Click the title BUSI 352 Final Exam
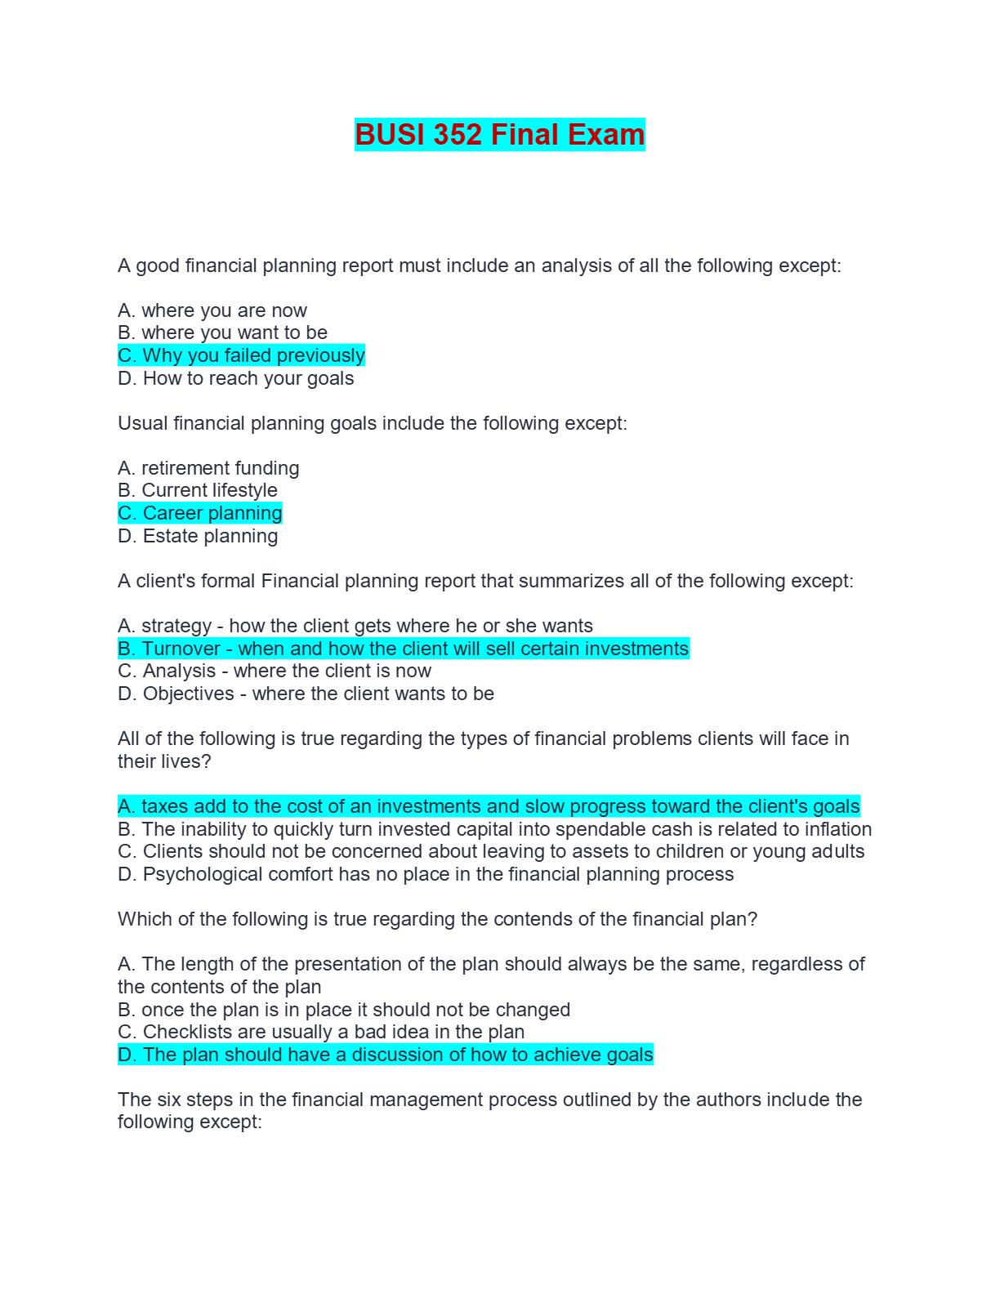(x=499, y=135)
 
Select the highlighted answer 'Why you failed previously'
(x=241, y=355)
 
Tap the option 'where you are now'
(x=212, y=310)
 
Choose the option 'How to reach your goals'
(x=236, y=378)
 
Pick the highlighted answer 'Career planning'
(x=200, y=513)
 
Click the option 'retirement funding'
(x=208, y=468)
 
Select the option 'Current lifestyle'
(x=198, y=490)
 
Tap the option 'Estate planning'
(x=198, y=536)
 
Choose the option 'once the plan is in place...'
(x=344, y=1010)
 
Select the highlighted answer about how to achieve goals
(x=386, y=1055)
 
